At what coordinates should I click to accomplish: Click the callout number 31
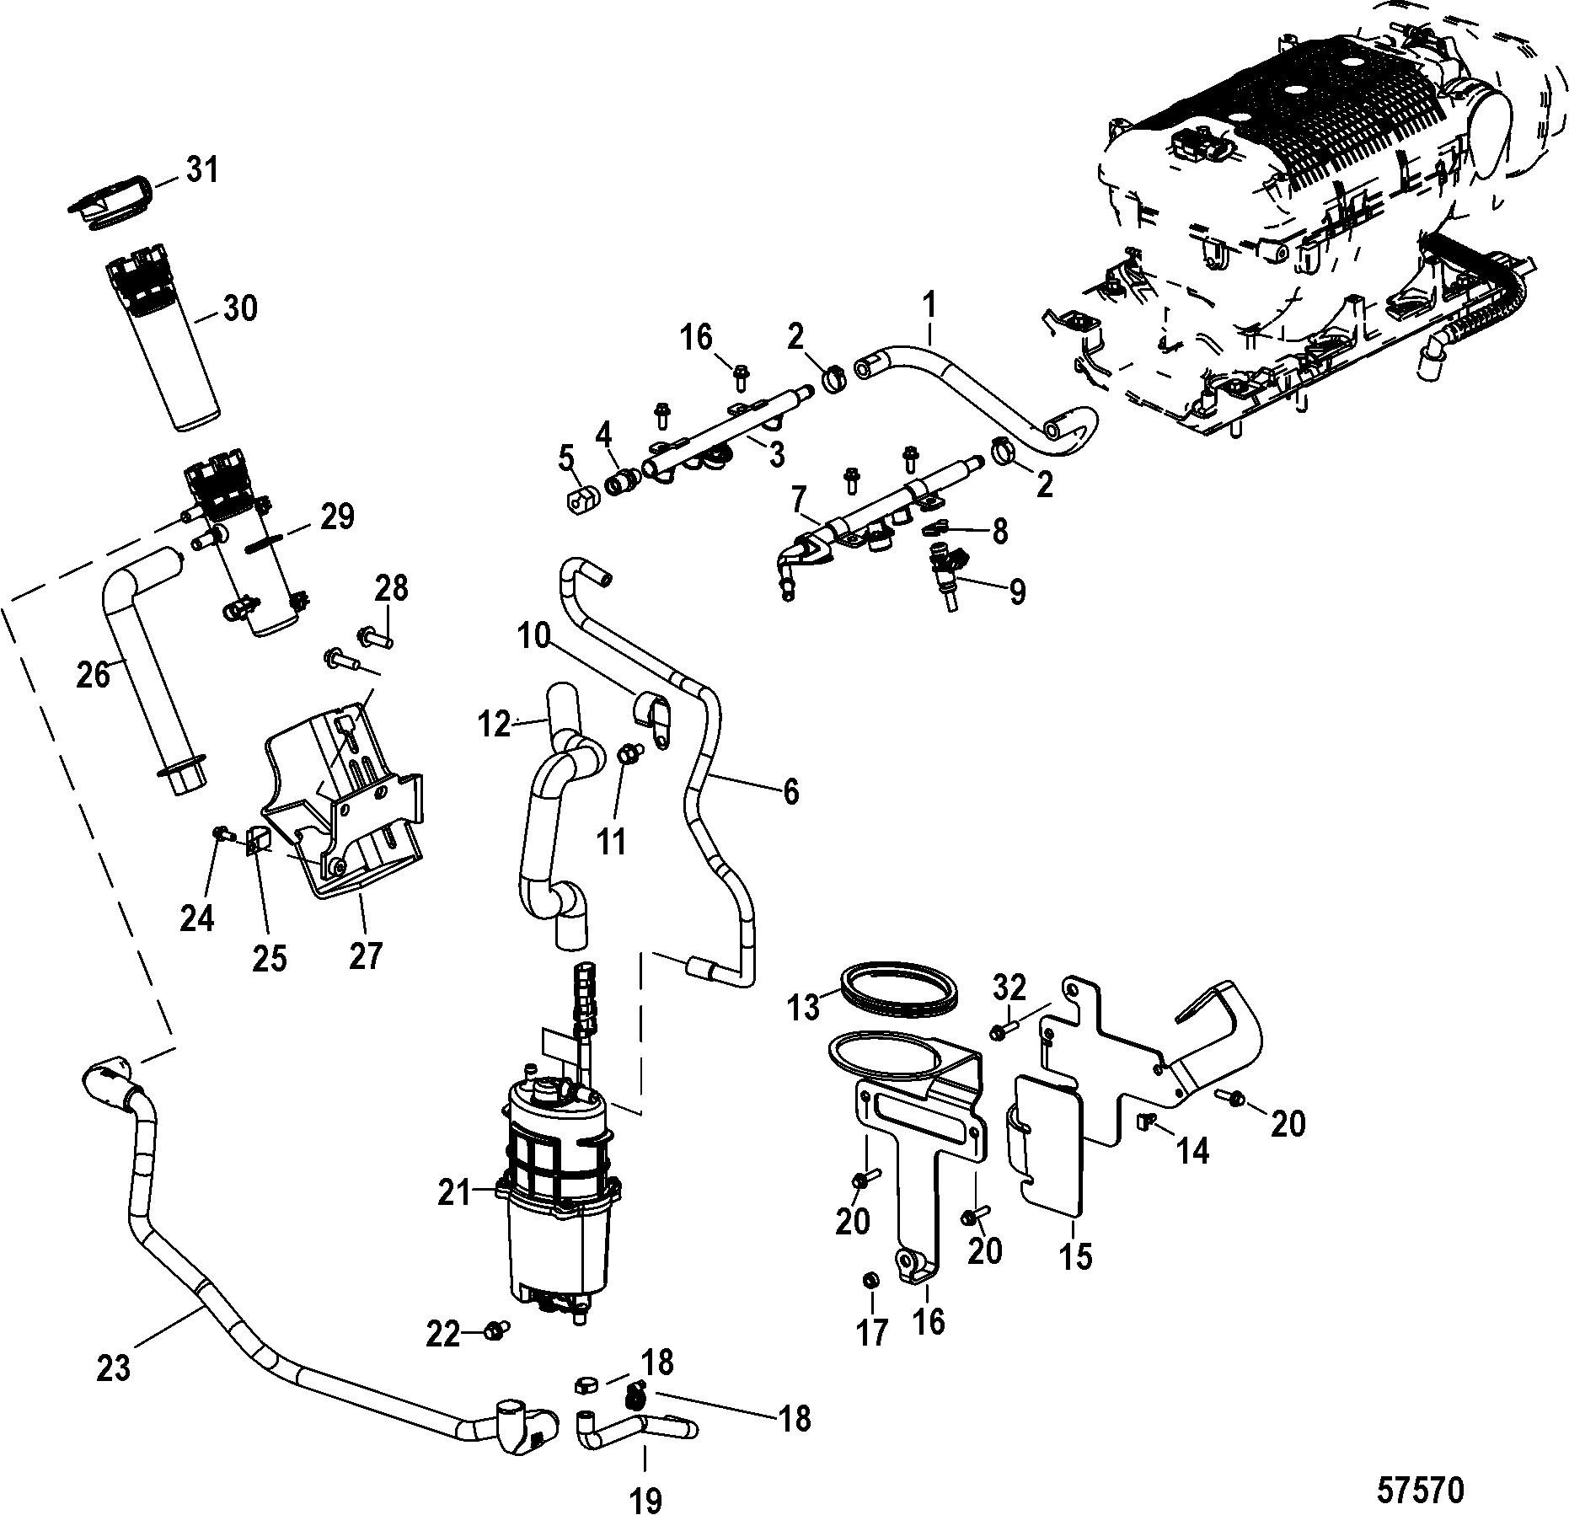(202, 170)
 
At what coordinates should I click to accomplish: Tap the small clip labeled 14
(1147, 1120)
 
